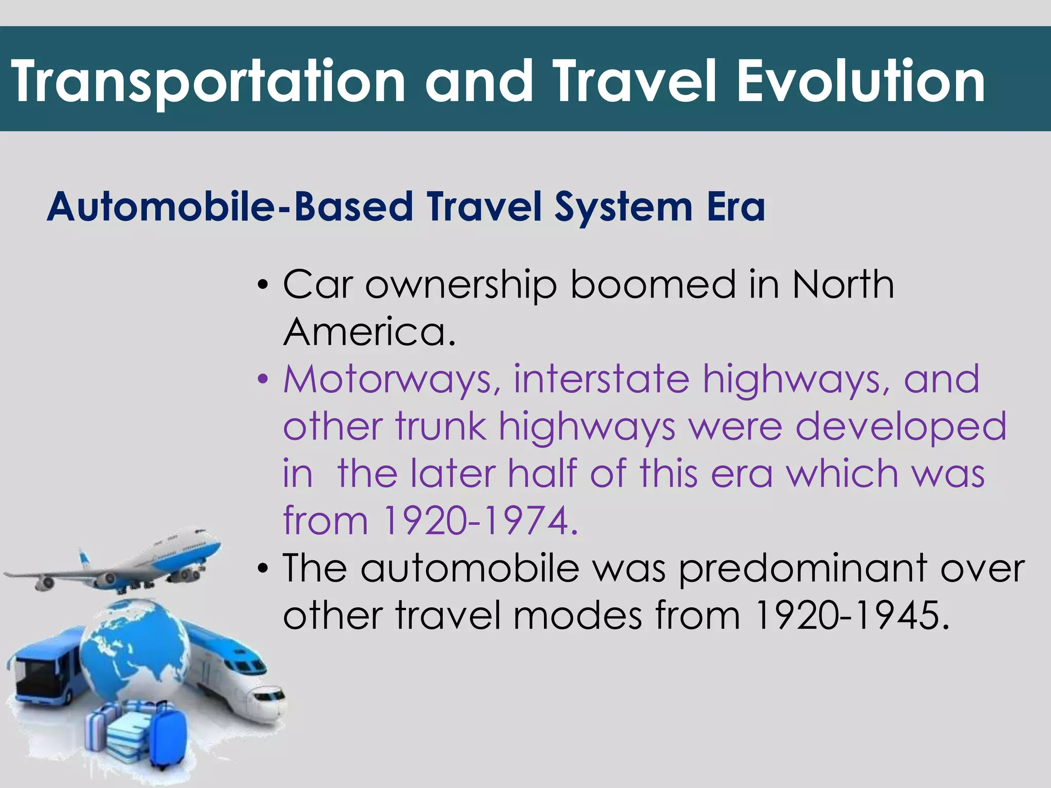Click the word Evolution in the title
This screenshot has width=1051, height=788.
pyautogui.click(x=861, y=81)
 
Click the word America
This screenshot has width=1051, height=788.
pyautogui.click(x=368, y=332)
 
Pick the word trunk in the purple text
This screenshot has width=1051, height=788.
pyautogui.click(x=441, y=426)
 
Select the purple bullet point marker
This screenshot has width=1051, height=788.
pyautogui.click(x=263, y=380)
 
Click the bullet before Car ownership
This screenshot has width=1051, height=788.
pyautogui.click(x=263, y=285)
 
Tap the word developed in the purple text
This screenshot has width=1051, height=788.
pyautogui.click(x=901, y=426)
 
